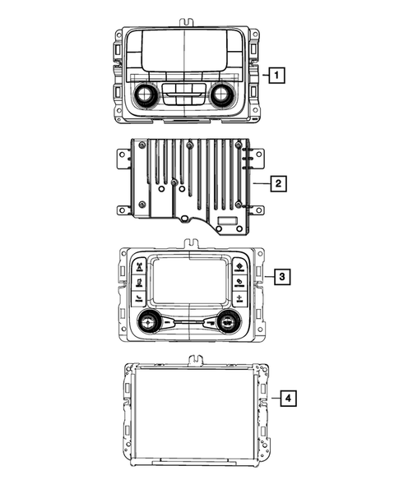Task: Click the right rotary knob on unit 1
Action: point(220,95)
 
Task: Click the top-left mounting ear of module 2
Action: point(123,154)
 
